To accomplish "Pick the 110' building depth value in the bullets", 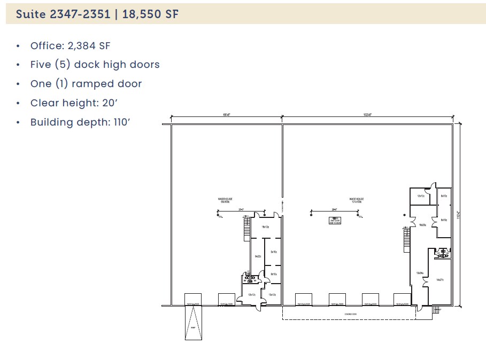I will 122,122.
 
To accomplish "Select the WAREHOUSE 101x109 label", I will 356,200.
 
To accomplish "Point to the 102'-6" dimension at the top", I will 367,114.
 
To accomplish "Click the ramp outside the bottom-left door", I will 193,323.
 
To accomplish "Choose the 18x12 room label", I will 264,227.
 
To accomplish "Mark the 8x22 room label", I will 257,256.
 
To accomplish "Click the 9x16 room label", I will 273,252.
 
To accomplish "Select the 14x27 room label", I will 439,279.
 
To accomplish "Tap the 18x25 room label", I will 422,225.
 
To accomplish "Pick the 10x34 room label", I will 420,273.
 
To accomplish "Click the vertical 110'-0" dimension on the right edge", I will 458,214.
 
